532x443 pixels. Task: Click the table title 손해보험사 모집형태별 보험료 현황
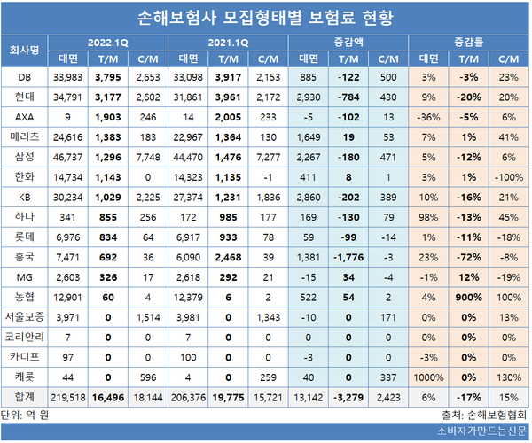(x=266, y=17)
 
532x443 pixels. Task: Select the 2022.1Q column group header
(x=108, y=42)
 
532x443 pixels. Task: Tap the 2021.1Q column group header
(x=226, y=42)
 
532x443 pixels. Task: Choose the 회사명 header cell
(x=24, y=50)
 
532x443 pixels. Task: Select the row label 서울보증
(x=24, y=317)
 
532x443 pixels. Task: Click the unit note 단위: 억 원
(x=29, y=414)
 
